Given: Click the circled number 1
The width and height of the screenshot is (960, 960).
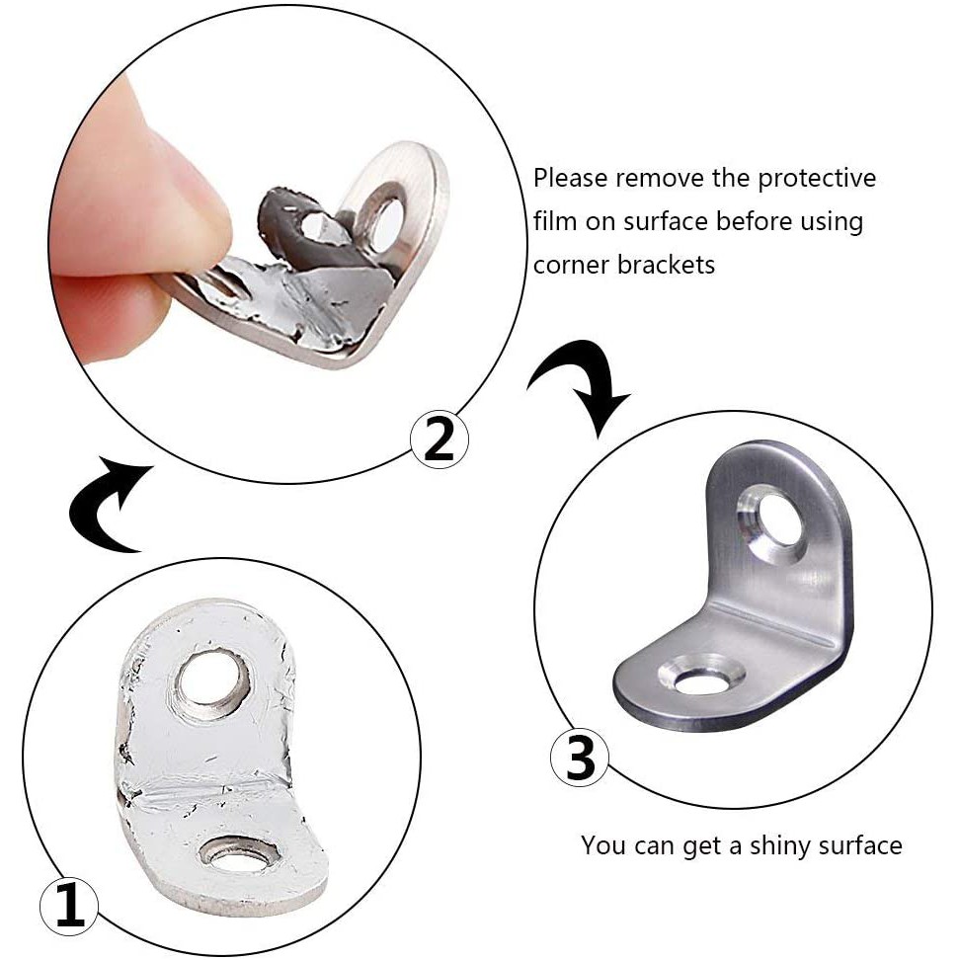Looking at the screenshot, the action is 68,905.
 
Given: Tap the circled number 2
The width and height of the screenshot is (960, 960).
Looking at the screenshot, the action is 439,439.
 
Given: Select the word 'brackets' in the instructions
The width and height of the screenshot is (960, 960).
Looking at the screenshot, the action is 666,265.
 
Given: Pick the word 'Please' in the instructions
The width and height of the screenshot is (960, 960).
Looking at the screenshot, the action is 571,178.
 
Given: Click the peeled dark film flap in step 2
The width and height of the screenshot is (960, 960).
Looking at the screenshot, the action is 294,223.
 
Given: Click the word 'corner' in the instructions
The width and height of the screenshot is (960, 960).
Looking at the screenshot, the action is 571,265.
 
